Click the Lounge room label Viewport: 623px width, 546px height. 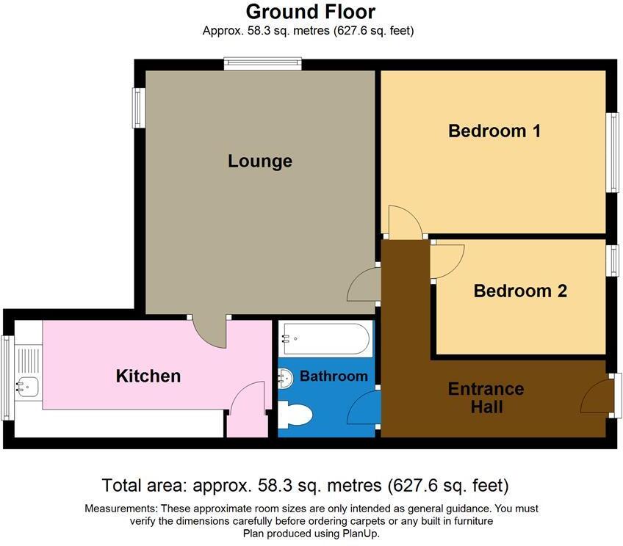point(259,161)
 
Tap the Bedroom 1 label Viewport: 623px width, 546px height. point(494,131)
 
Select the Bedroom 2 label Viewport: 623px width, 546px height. point(520,291)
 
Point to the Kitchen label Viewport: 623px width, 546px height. point(148,376)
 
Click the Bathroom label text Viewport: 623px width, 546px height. point(334,376)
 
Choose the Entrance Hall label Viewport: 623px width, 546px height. point(486,397)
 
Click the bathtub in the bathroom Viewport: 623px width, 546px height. point(325,338)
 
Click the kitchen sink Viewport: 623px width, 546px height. point(28,385)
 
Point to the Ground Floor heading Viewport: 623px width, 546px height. point(310,12)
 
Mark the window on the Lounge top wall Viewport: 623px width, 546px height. point(262,65)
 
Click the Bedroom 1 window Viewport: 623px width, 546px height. point(611,153)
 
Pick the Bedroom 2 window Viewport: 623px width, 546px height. point(611,261)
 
